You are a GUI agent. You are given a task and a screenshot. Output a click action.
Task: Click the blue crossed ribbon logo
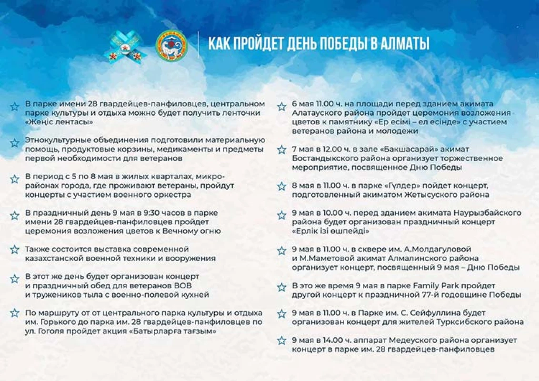point(126,46)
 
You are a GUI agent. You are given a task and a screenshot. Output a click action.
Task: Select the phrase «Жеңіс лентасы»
point(59,122)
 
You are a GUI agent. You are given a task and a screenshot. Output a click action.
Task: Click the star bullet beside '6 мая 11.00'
point(281,106)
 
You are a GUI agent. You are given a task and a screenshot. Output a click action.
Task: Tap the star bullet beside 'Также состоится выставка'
point(15,250)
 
